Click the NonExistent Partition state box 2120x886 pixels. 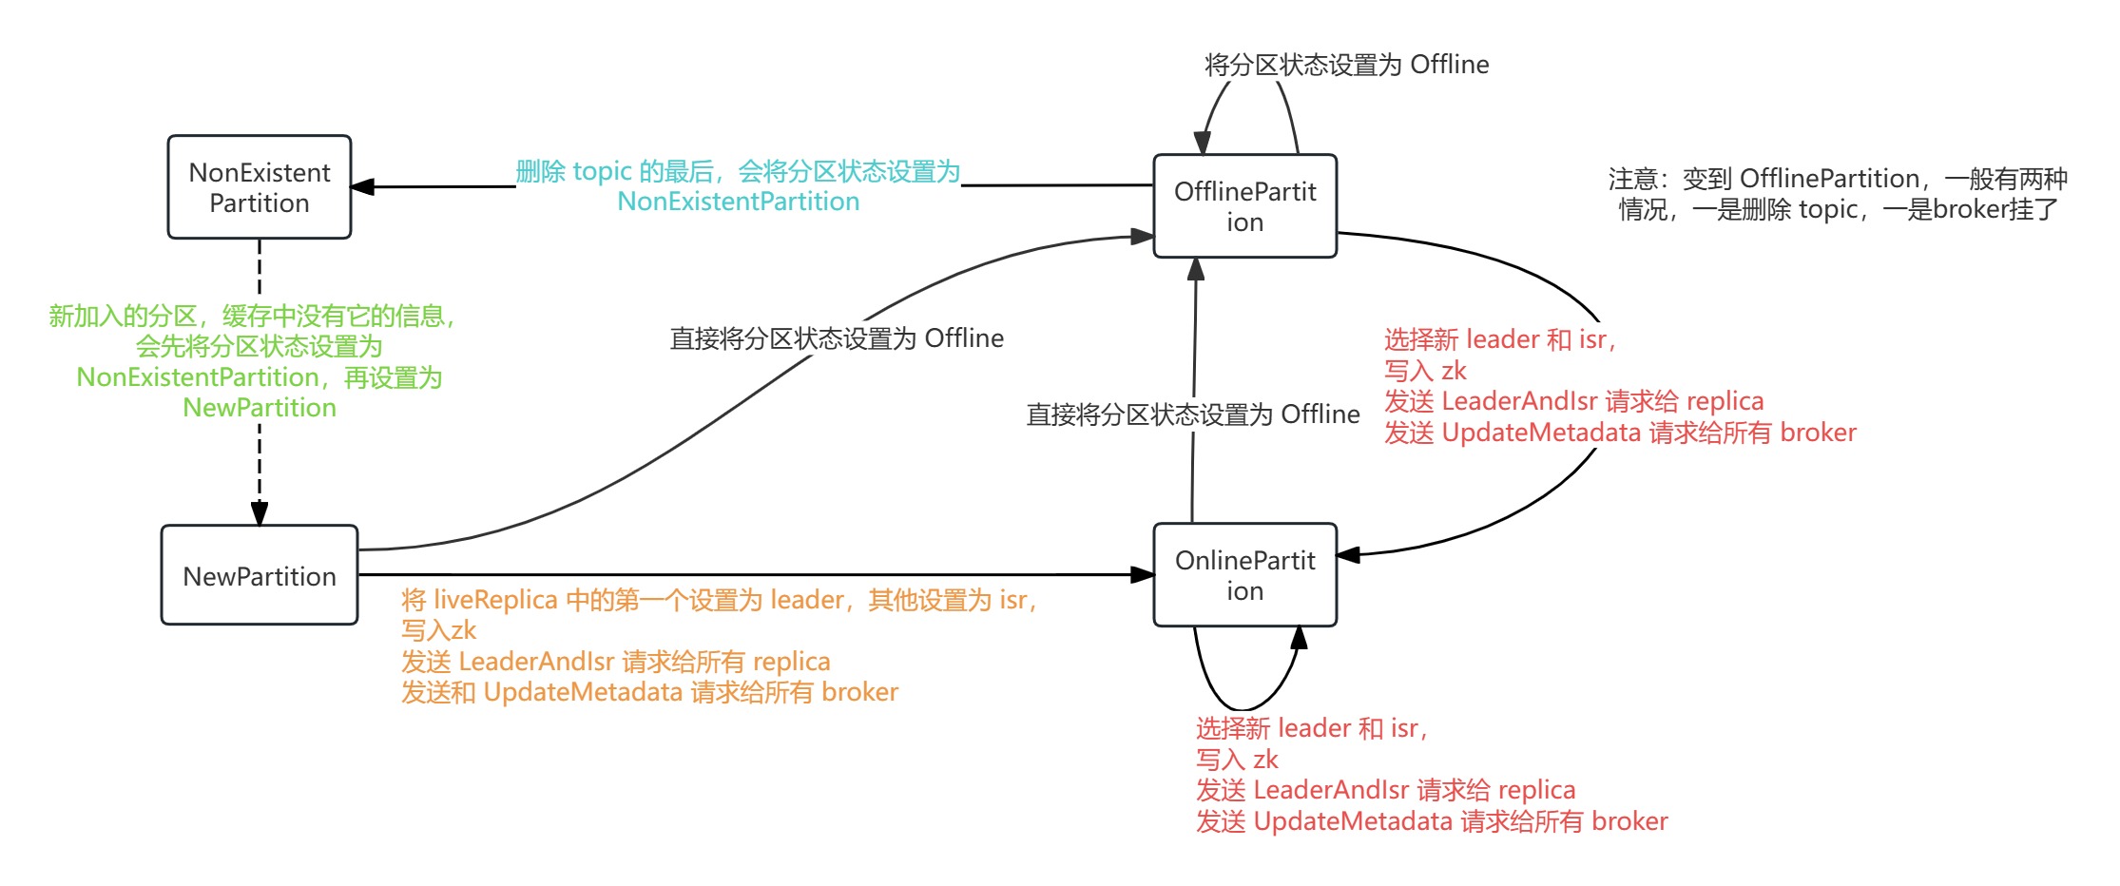click(x=259, y=187)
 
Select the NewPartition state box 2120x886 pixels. click(x=259, y=575)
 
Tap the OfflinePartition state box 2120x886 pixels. click(x=1244, y=206)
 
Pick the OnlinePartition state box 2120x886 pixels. click(x=1244, y=575)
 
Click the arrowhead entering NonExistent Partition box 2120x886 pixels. click(x=362, y=186)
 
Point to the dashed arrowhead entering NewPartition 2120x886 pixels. click(x=259, y=514)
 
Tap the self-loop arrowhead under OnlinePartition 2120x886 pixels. click(x=1299, y=638)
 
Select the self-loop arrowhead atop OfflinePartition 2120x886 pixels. click(x=1203, y=143)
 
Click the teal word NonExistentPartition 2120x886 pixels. click(x=738, y=202)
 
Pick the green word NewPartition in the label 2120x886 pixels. click(x=259, y=408)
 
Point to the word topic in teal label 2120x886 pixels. click(x=602, y=171)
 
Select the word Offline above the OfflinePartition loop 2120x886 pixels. click(x=1449, y=65)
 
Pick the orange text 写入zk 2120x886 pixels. click(x=438, y=630)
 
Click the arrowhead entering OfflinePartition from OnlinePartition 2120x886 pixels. click(x=1196, y=269)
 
